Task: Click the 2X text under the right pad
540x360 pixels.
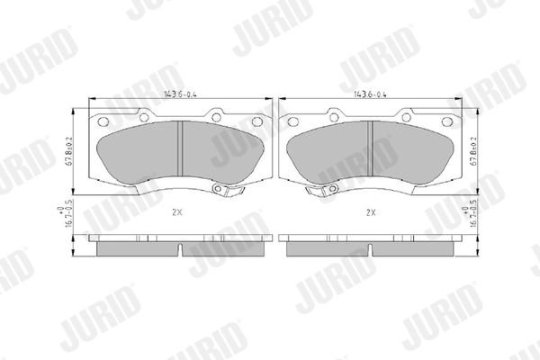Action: click(370, 213)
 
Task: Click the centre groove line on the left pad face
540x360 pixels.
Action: click(181, 148)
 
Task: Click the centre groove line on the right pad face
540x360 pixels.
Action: click(369, 148)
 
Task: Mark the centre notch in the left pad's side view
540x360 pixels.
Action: click(181, 247)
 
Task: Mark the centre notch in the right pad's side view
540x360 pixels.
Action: click(369, 247)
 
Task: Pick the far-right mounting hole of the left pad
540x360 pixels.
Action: click(257, 121)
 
